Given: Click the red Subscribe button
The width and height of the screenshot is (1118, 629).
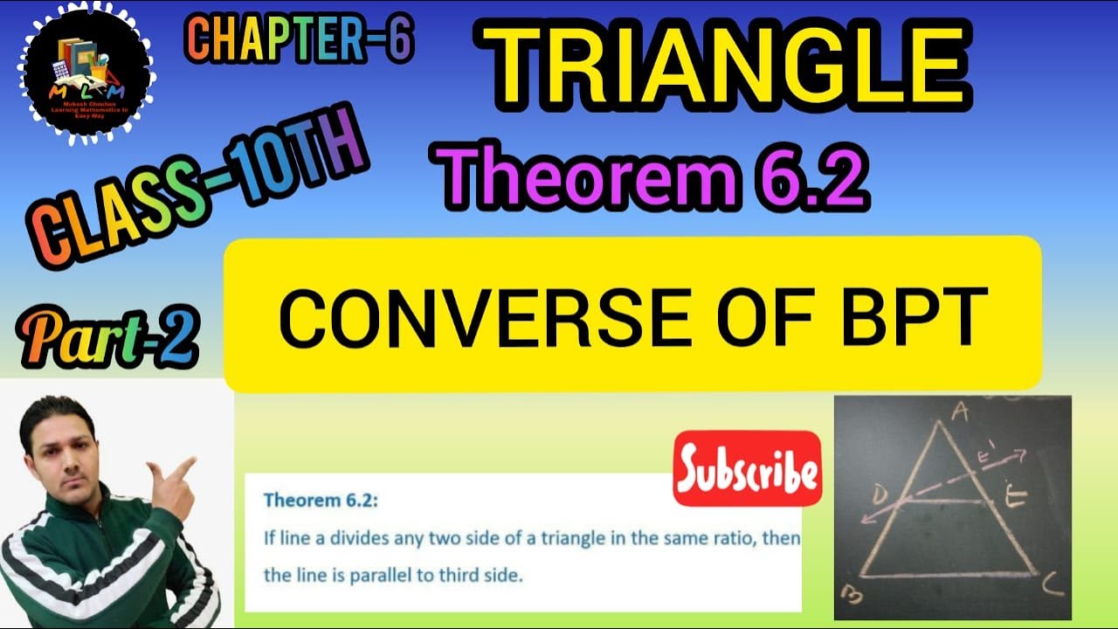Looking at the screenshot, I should click(748, 469).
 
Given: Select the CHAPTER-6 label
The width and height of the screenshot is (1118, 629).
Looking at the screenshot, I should click(299, 40).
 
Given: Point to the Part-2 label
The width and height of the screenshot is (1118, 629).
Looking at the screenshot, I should click(107, 337).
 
